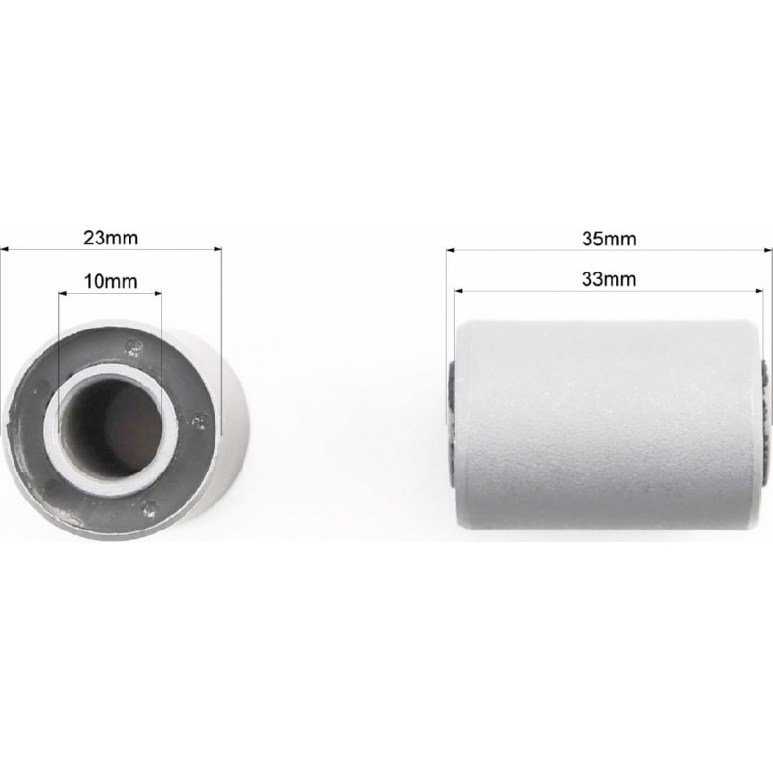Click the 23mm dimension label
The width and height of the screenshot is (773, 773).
coord(110,238)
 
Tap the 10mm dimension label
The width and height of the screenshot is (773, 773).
coord(110,281)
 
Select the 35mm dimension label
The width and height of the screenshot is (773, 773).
coord(609,239)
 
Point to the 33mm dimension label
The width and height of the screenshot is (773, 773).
coord(609,279)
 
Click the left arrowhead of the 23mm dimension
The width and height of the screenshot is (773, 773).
coord(5,249)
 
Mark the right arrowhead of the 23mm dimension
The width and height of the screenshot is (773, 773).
coord(217,249)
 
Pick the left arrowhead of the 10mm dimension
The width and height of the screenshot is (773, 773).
coord(63,294)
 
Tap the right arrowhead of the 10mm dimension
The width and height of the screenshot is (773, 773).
coord(157,294)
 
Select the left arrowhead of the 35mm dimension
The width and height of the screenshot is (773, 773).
coord(451,250)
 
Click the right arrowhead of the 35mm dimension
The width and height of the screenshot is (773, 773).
coord(767,250)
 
